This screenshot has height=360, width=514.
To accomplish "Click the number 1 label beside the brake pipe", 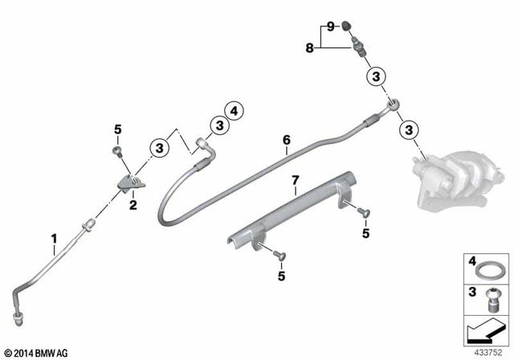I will click(x=54, y=238).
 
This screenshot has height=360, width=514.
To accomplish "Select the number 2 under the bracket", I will click(x=133, y=205).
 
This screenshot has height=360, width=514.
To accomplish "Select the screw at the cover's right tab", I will click(x=362, y=211).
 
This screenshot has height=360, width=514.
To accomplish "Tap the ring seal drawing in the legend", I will click(x=487, y=266).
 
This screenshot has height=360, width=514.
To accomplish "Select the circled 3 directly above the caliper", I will click(x=408, y=129).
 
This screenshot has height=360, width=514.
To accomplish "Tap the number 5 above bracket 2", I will click(x=117, y=129).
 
